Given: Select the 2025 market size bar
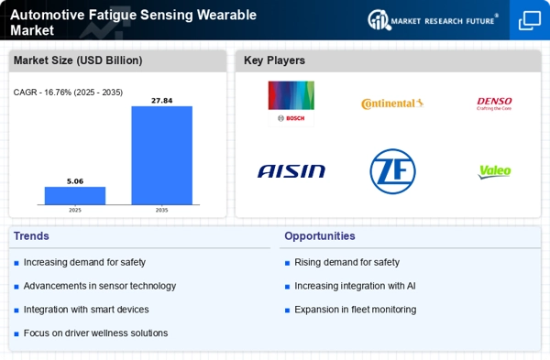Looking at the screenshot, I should pyautogui.click(x=75, y=195).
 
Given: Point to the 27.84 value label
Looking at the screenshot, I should pyautogui.click(x=161, y=100).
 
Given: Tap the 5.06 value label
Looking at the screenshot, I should pyautogui.click(x=75, y=181).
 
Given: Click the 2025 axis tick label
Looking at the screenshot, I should pyautogui.click(x=75, y=209).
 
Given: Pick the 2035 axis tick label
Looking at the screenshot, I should pyautogui.click(x=161, y=209).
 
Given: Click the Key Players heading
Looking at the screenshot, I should pyautogui.click(x=274, y=60).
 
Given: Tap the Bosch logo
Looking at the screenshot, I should pyautogui.click(x=290, y=102).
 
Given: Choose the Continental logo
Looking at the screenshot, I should pyautogui.click(x=392, y=104).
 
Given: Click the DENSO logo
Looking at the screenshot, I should pyautogui.click(x=495, y=104).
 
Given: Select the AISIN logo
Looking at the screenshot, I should pyautogui.click(x=291, y=170).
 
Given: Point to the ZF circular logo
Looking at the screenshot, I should pyautogui.click(x=392, y=170).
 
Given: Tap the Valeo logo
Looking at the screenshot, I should pyautogui.click(x=495, y=171).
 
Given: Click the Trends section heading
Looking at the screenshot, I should pyautogui.click(x=32, y=236).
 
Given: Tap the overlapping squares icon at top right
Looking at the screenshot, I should pyautogui.click(x=529, y=20).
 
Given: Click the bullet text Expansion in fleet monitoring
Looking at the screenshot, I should pyautogui.click(x=355, y=310).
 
